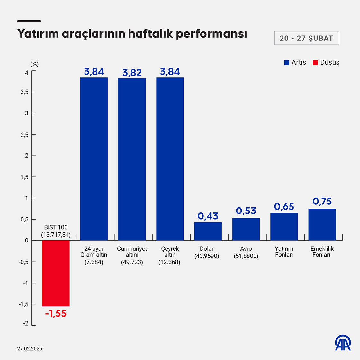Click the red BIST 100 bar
pyautogui.click(x=56, y=273)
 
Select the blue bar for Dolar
pyautogui.click(x=208, y=231)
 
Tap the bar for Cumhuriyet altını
pyautogui.click(x=132, y=159)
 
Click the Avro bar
pyautogui.click(x=246, y=229)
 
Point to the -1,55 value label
pyautogui.click(x=56, y=314)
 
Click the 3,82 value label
pyautogui.click(x=132, y=73)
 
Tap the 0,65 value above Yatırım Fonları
pyautogui.click(x=284, y=206)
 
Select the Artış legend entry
pyautogui.click(x=295, y=63)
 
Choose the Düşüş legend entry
pyautogui.click(x=326, y=63)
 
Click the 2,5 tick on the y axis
pyautogui.click(x=24, y=135)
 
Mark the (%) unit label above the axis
pyautogui.click(x=34, y=64)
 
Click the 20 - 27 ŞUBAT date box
pyautogui.click(x=307, y=38)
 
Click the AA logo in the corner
pyautogui.click(x=343, y=343)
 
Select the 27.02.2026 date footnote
pyautogui.click(x=30, y=349)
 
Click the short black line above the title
pyautogui.click(x=29, y=21)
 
